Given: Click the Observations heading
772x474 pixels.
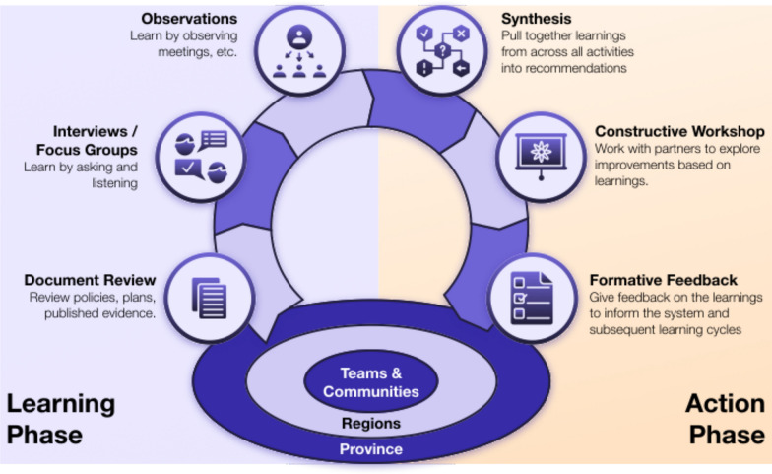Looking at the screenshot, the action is click(x=189, y=19).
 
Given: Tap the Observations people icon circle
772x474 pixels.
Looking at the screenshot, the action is click(x=299, y=51).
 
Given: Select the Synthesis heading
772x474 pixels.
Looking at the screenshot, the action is click(x=536, y=19).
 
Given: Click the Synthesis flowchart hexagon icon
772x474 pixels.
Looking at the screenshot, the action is click(x=443, y=51).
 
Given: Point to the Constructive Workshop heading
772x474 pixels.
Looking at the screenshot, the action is click(x=679, y=132).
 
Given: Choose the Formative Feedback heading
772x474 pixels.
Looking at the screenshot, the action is click(x=664, y=280).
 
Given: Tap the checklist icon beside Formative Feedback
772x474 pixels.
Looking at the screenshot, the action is click(x=532, y=298).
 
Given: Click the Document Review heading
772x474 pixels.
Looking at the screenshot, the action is click(x=91, y=280).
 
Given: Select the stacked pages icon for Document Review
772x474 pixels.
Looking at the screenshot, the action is click(x=209, y=298).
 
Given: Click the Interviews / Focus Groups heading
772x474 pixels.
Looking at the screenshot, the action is click(x=87, y=140).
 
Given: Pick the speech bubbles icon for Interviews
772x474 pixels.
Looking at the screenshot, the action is click(x=201, y=158).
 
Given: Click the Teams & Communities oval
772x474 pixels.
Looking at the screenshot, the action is click(x=370, y=382).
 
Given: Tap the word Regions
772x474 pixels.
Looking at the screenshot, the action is click(x=370, y=424).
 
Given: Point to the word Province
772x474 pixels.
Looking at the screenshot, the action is click(x=370, y=449).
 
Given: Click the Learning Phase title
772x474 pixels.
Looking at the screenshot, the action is click(x=61, y=419).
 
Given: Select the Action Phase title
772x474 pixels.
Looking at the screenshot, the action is click(x=725, y=419).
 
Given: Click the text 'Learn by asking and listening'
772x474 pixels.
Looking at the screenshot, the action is click(x=81, y=175).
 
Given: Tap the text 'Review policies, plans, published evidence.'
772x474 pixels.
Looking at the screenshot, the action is click(x=93, y=305).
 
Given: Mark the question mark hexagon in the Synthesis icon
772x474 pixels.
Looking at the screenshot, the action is click(x=443, y=50).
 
